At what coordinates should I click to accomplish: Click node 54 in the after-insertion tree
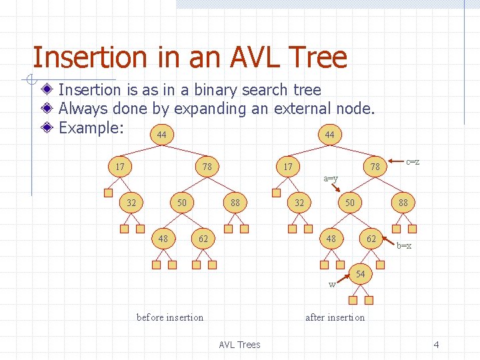coord(361,275)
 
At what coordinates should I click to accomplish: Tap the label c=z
coord(413,162)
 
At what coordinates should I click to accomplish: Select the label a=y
coord(331,178)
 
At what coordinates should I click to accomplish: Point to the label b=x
coord(404,245)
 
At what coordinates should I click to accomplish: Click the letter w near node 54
coord(331,285)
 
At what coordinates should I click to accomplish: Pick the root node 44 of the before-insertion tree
coord(161,135)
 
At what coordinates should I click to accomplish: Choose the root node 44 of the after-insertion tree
coord(329,135)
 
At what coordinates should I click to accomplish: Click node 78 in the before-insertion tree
coord(207,166)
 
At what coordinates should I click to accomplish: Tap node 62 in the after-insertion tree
coord(371,239)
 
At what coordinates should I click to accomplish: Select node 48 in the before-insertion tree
coord(163,239)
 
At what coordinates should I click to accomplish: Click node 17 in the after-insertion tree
coord(288,166)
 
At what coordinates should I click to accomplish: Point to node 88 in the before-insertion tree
coord(235,202)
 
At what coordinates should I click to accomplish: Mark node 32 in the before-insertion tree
coord(133,202)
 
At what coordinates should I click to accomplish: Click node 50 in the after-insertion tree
coord(349,202)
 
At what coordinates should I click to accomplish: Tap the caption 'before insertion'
coord(170,317)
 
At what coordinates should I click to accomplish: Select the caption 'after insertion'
coord(335,317)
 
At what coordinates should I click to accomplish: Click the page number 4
coord(436,345)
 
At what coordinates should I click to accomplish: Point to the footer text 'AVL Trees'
coord(239,345)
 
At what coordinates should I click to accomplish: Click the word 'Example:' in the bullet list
coord(91,127)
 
